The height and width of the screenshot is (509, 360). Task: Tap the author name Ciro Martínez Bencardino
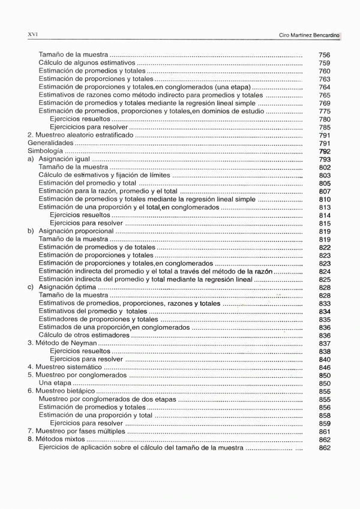point(310,35)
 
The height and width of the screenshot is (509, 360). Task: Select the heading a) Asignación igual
point(59,159)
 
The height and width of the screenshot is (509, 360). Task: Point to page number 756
point(325,55)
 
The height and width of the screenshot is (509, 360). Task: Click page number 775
point(325,112)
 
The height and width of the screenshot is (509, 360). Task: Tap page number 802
point(325,168)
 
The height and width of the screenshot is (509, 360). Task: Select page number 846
point(325,368)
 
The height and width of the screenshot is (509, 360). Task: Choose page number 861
point(325,432)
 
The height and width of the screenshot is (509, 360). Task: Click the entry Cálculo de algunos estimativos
point(86,63)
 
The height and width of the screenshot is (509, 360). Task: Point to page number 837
point(325,344)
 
